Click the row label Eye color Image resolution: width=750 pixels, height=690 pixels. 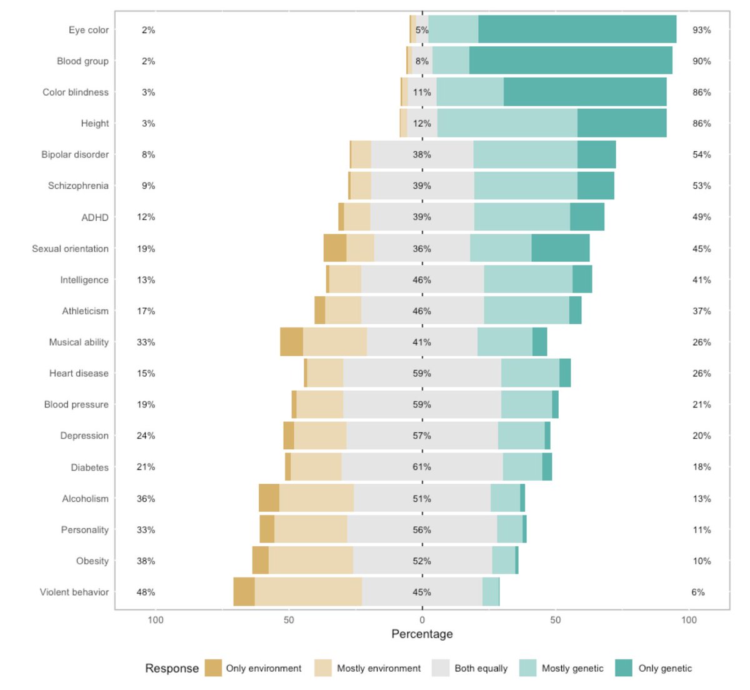(x=88, y=30)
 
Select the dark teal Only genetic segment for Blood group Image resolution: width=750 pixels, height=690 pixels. (x=571, y=61)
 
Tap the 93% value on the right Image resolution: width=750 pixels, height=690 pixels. (x=701, y=30)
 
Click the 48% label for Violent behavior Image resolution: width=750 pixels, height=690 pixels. (x=146, y=592)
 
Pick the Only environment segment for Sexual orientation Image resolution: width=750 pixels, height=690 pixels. (x=335, y=248)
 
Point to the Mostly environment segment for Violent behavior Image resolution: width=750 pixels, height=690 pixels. (x=308, y=592)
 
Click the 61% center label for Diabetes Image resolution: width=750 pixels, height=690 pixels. (x=422, y=467)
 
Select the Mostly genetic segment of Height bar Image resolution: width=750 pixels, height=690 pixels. (x=507, y=123)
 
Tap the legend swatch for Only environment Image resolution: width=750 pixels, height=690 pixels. (x=213, y=668)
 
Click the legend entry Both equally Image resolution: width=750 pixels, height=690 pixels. (x=481, y=668)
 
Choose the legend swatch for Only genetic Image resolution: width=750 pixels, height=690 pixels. (x=624, y=668)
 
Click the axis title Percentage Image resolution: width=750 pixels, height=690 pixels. (x=422, y=634)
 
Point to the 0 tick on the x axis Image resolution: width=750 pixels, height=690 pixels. (x=422, y=620)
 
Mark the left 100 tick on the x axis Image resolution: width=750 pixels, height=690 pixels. (x=156, y=620)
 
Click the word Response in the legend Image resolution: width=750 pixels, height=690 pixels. (x=172, y=668)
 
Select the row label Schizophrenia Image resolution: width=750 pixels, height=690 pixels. (x=78, y=186)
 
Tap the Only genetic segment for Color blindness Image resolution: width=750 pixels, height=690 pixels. (x=585, y=92)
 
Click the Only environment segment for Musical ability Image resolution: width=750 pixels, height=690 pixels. (x=291, y=342)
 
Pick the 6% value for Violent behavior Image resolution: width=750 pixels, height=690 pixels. (x=698, y=592)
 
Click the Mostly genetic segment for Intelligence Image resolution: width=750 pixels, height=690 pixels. (x=528, y=279)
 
